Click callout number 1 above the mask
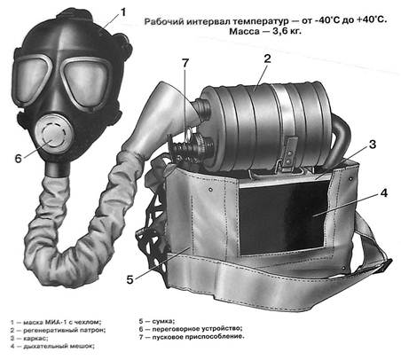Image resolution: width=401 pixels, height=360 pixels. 122,12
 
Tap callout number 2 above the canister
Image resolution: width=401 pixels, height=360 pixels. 267,59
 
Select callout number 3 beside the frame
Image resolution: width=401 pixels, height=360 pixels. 373,145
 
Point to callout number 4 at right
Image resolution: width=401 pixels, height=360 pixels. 383,193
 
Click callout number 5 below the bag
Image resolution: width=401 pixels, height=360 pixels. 130,279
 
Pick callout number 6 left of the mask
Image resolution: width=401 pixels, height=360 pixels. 19,159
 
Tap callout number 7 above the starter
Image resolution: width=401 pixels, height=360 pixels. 185,63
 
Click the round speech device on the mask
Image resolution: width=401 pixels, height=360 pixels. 53,136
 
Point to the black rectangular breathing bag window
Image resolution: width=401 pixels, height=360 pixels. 283,216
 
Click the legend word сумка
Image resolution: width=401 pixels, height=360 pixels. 163,321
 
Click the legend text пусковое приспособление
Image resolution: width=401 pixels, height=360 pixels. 199,337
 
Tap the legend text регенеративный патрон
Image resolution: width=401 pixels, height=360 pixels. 65,330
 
